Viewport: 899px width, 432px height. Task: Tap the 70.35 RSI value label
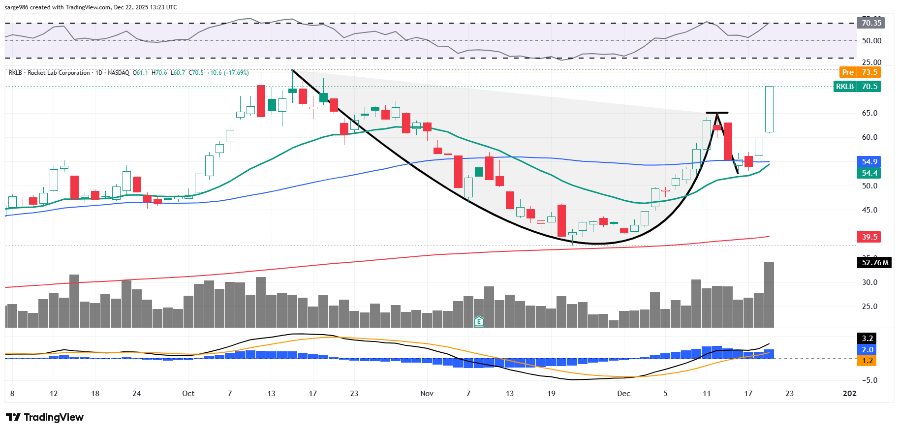pos(871,23)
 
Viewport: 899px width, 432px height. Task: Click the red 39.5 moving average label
pos(869,237)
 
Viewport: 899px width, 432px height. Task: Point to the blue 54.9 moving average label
pos(869,162)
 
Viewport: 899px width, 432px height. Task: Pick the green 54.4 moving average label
pos(869,173)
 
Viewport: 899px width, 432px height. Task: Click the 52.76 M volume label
pos(875,263)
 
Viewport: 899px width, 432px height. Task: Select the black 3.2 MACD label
pos(867,339)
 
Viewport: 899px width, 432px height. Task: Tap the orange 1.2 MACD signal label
pos(867,361)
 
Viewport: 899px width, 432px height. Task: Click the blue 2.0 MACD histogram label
pos(867,350)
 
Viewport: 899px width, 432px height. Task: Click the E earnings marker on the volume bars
pos(479,322)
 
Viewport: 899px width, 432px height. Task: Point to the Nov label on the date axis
pos(427,394)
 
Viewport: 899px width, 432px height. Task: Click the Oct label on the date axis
pos(188,394)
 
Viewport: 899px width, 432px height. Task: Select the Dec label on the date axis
pos(623,394)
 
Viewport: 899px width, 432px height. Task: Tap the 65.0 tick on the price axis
pos(869,113)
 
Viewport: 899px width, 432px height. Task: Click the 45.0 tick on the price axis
pos(869,210)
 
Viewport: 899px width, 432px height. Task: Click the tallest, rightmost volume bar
pos(769,295)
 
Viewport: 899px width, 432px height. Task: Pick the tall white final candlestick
pos(769,109)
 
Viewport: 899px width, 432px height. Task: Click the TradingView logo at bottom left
pos(45,417)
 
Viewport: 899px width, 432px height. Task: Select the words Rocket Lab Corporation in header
pos(59,73)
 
